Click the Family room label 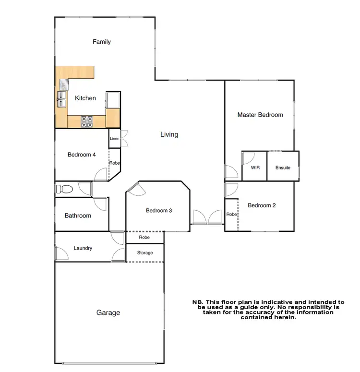pos(102,42)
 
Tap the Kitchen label pos(85,98)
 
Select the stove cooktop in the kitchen pos(87,121)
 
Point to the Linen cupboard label pos(114,139)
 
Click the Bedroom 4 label pos(82,155)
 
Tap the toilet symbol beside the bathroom pos(63,189)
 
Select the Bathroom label pos(78,216)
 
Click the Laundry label pos(83,248)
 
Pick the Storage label pos(145,253)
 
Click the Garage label pos(108,312)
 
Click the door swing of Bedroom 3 pos(134,189)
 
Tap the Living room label pos(169,134)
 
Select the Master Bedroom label pos(260,115)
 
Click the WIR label pos(255,168)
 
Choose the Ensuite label pos(283,168)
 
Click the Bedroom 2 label pos(262,205)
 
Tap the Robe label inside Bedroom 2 pos(231,215)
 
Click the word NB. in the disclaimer pos(198,302)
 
